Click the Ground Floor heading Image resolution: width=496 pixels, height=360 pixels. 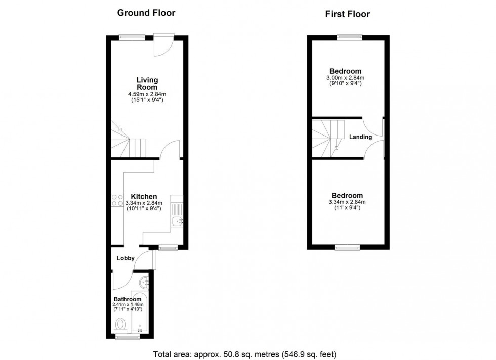point(146,13)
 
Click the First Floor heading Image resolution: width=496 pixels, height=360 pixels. point(347,14)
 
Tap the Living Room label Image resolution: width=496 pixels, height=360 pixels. point(147,83)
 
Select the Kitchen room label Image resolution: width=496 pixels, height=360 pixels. point(144,196)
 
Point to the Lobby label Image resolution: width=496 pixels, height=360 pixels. point(126,258)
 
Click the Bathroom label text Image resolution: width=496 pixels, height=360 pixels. point(127,299)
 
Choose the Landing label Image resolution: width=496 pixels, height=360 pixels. point(360,137)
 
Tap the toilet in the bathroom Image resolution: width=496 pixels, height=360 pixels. point(121,324)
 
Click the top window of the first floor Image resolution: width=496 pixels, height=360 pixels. point(350,36)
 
